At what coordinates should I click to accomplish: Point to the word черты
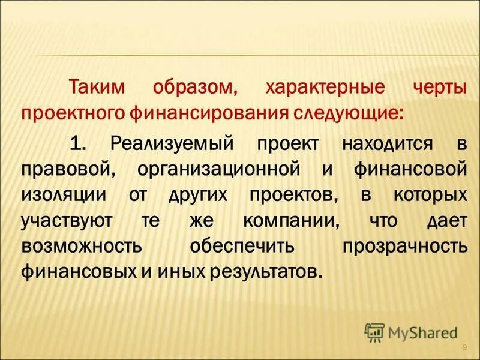[440, 87]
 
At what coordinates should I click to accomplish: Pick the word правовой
[65, 169]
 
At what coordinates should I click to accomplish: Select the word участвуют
[67, 221]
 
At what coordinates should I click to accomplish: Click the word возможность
[82, 246]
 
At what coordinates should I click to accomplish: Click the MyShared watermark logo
[411, 332]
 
